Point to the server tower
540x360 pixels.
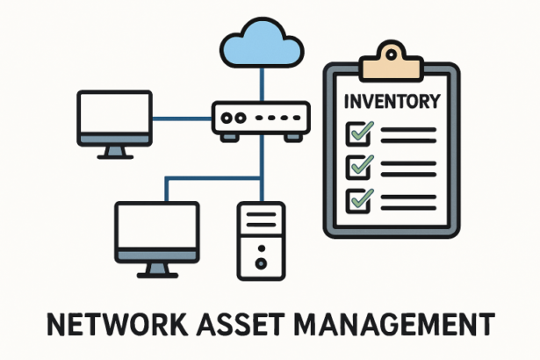point(261,241)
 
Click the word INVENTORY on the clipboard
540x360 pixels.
point(392,101)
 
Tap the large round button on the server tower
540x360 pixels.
point(261,262)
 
